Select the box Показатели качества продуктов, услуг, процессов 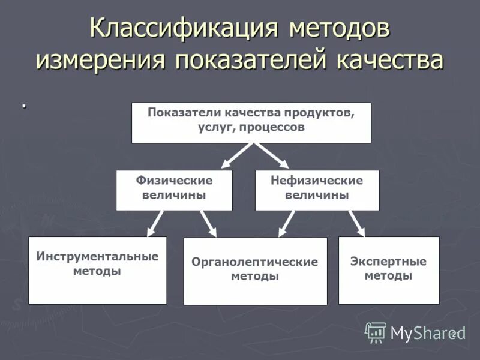pos(251,122)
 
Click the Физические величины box pos(174,190)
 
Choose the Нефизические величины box pos(317,190)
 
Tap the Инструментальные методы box pos(97,270)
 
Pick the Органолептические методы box pos(255,271)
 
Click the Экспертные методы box pos(388,270)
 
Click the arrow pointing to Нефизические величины pos(273,155)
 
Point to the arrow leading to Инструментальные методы pos(155,223)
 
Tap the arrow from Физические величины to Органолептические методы pos(208,224)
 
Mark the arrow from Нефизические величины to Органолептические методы pos(287,223)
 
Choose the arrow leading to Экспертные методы pos(356,223)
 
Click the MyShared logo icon pos(376,332)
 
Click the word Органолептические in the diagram pos(255,262)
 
